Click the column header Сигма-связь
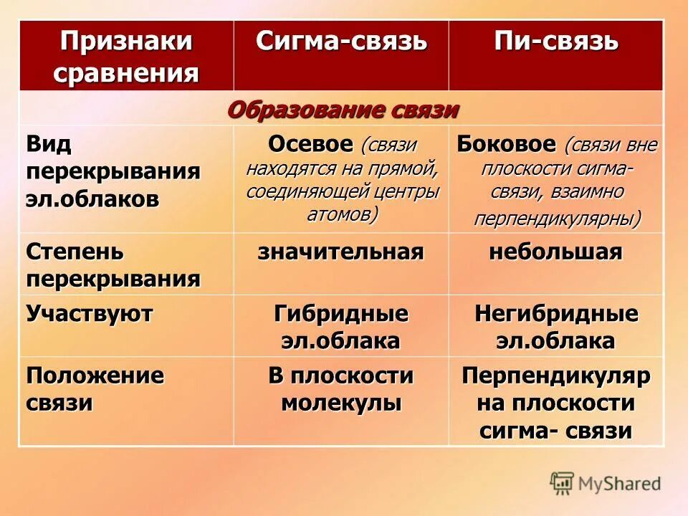pos(341,42)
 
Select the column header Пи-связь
pos(555,42)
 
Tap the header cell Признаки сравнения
pos(126,56)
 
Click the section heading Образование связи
pos(343,109)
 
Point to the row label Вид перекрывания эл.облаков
pos(113,171)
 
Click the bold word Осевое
pos(310,144)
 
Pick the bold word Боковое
pos(506,144)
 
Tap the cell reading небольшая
pos(555,252)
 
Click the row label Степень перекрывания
pos(113,264)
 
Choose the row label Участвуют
pos(90,314)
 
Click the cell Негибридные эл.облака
pos(555,327)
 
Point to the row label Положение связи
pos(95,388)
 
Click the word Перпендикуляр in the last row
pos(555,376)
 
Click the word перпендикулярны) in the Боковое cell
pos(557,218)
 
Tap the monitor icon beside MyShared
pos(562,483)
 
